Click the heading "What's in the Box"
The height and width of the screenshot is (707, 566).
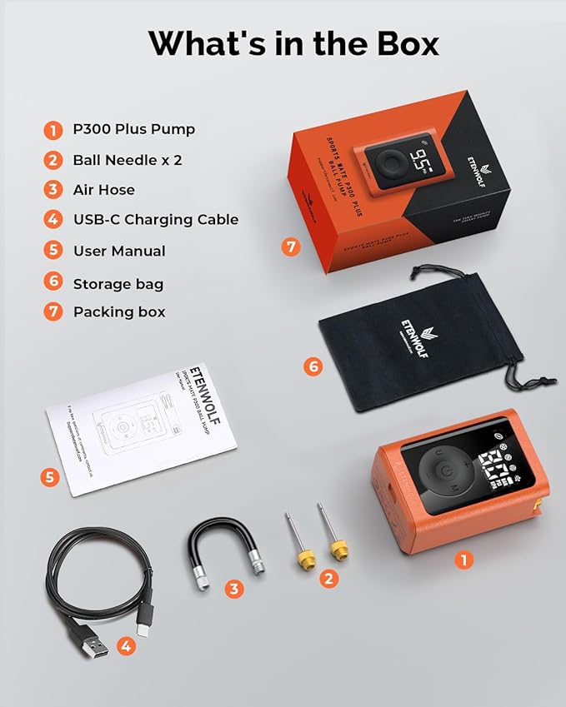tap(293, 43)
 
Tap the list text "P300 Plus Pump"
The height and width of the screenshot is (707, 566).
tap(133, 129)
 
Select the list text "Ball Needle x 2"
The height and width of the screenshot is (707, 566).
tap(128, 160)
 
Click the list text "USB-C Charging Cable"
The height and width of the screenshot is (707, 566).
tap(156, 220)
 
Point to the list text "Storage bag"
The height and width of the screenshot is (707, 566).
tap(118, 284)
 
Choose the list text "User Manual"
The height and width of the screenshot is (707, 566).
tap(119, 251)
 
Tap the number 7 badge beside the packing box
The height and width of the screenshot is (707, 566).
tap(290, 246)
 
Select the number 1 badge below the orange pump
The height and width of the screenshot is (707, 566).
tap(464, 560)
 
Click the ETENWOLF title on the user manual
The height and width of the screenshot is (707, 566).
tap(194, 391)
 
